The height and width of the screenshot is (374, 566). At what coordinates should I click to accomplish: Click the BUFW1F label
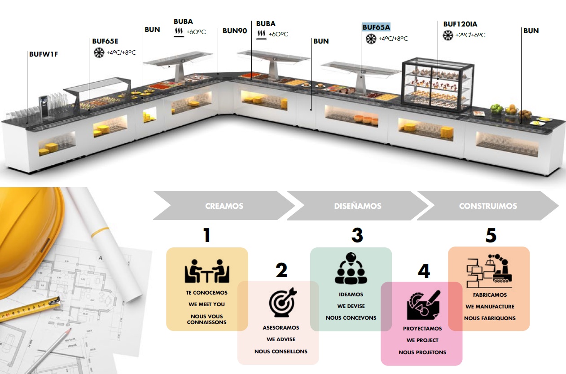44,54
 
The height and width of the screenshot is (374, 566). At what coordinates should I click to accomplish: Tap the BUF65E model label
105,41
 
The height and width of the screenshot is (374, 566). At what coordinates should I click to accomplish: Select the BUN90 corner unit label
234,31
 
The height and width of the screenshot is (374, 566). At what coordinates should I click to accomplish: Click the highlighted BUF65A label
376,27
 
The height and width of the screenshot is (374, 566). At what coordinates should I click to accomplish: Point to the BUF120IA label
460,24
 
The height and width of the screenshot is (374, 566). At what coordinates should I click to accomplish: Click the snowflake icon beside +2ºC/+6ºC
448,35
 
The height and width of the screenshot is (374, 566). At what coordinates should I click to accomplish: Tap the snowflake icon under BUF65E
99,53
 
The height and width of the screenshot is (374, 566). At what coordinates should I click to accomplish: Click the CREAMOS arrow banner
224,206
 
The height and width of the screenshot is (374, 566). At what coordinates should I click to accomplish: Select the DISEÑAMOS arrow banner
358,206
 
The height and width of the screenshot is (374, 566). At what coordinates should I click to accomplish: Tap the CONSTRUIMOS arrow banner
488,206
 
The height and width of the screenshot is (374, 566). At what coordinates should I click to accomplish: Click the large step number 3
357,235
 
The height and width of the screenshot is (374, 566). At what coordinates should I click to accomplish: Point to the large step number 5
491,235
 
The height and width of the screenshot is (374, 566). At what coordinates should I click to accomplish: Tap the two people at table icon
207,271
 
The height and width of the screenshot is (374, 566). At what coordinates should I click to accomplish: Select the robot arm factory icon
489,271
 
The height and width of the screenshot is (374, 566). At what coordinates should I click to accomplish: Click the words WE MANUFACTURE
490,307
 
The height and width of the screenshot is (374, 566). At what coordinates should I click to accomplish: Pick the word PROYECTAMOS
422,329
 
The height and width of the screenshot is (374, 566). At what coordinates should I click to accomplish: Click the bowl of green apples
497,109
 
